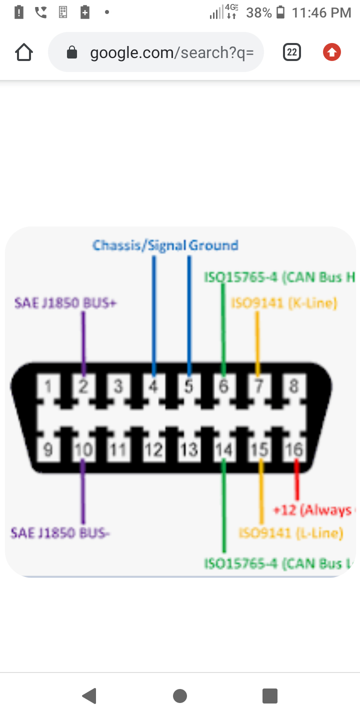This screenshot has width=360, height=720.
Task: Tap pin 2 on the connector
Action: click(x=83, y=386)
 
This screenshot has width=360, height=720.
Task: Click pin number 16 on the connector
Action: click(x=294, y=449)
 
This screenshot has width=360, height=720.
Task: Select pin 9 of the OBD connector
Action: click(x=48, y=449)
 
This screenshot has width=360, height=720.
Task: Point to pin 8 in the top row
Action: click(x=294, y=386)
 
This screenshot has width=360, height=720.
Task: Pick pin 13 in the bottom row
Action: click(x=188, y=449)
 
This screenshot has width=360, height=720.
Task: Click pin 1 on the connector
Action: click(x=48, y=386)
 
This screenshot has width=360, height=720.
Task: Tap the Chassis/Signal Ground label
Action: click(x=165, y=245)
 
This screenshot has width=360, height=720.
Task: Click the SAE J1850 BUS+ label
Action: click(x=65, y=303)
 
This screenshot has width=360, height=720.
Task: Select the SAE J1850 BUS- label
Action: click(x=60, y=533)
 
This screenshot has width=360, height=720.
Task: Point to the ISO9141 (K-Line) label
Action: click(x=283, y=303)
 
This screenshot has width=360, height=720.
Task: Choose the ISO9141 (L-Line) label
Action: click(x=290, y=533)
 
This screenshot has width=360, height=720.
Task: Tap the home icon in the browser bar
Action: click(x=24, y=52)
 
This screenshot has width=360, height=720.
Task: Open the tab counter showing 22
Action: click(x=292, y=52)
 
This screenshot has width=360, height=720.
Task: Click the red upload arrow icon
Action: click(x=331, y=52)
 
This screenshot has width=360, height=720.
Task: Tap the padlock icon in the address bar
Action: click(x=72, y=52)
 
